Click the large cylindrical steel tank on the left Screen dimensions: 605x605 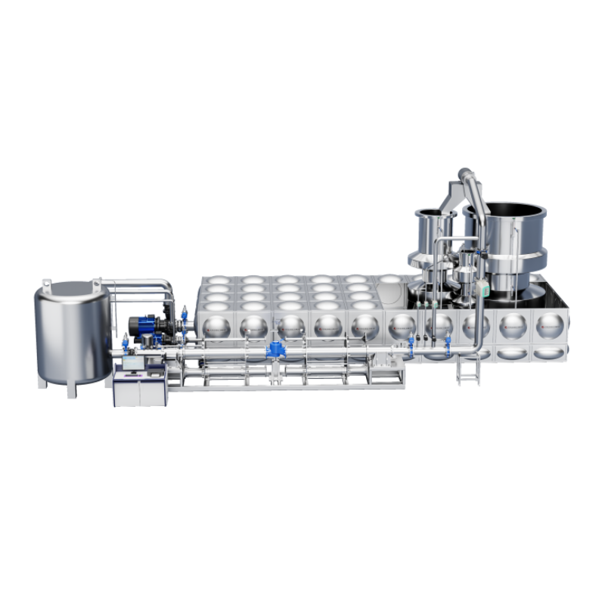[72, 333]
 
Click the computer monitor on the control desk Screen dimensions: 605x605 [132, 364]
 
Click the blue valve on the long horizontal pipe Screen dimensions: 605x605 [274, 350]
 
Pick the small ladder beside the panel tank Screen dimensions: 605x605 [467, 370]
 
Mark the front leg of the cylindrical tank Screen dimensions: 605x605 [72, 389]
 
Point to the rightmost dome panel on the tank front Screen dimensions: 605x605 [550, 327]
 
